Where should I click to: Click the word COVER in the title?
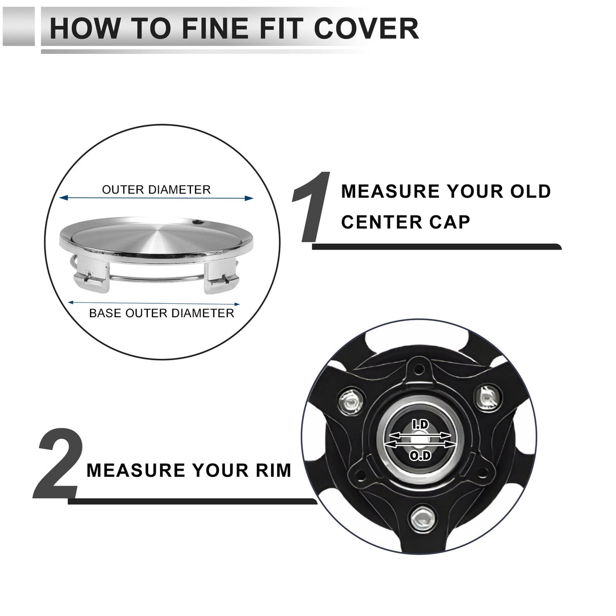click(x=366, y=28)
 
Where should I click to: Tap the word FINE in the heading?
click(x=215, y=28)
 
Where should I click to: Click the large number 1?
click(x=311, y=207)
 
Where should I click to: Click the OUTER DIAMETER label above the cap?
click(x=157, y=190)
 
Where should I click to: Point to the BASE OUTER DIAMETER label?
click(x=161, y=313)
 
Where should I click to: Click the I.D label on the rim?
click(x=420, y=425)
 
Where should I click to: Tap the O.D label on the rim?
click(x=420, y=456)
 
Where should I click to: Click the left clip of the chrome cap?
click(x=91, y=274)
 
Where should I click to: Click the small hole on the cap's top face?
click(x=198, y=222)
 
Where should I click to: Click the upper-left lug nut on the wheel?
click(x=350, y=401)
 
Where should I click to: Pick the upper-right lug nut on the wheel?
click(x=488, y=398)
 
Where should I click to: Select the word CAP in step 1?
click(x=450, y=222)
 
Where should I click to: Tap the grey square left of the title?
click(x=18, y=26)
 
